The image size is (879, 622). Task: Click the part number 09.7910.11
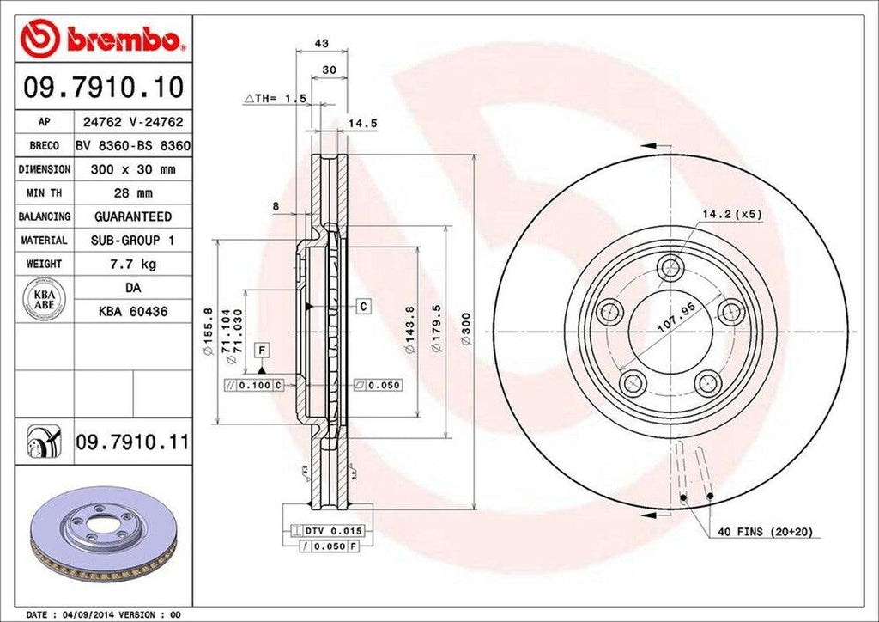[x=131, y=442]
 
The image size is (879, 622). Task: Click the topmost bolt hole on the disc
[x=669, y=268]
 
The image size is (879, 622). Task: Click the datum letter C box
[x=364, y=306]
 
